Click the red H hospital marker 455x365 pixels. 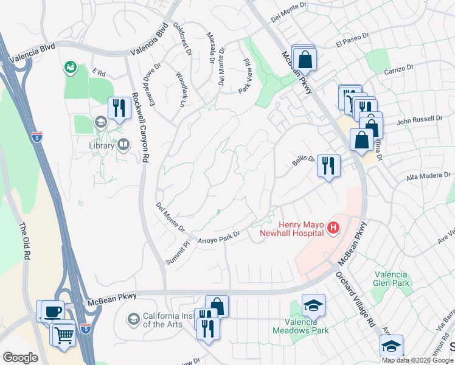pyautogui.click(x=333, y=229)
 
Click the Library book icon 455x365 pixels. pyautogui.click(x=123, y=145)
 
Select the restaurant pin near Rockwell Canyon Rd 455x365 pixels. pyautogui.click(x=118, y=108)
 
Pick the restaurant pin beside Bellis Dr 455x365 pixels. pyautogui.click(x=328, y=165)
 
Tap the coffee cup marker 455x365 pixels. pyautogui.click(x=52, y=311)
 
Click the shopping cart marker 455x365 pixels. pyautogui.click(x=65, y=334)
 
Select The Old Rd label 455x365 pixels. pyautogui.click(x=24, y=237)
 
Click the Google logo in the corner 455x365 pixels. pyautogui.click(x=20, y=358)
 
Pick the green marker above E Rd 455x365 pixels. pyautogui.click(x=71, y=66)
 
